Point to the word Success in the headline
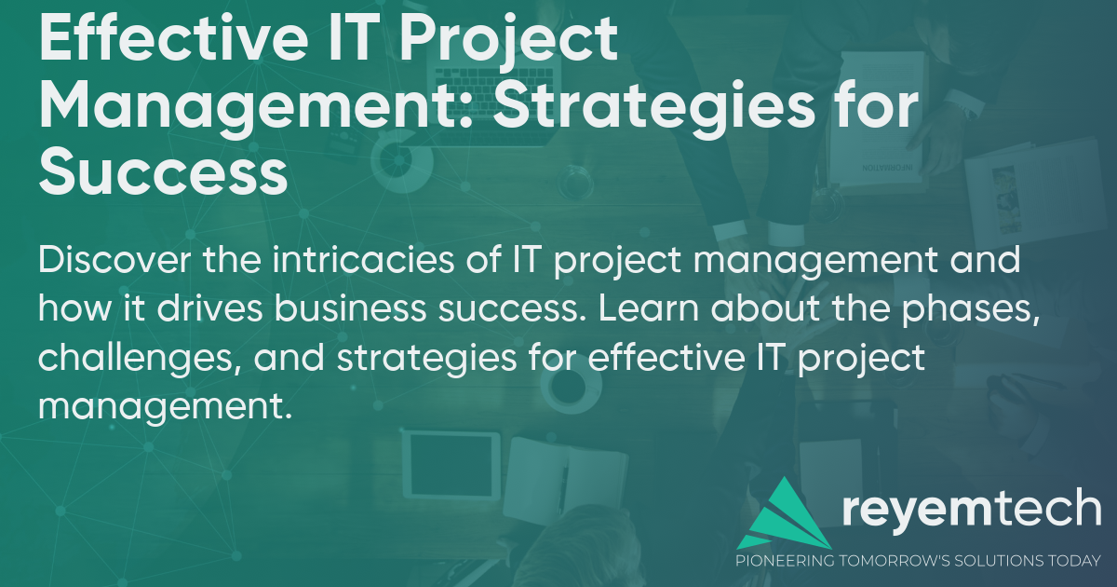[x=163, y=174]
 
